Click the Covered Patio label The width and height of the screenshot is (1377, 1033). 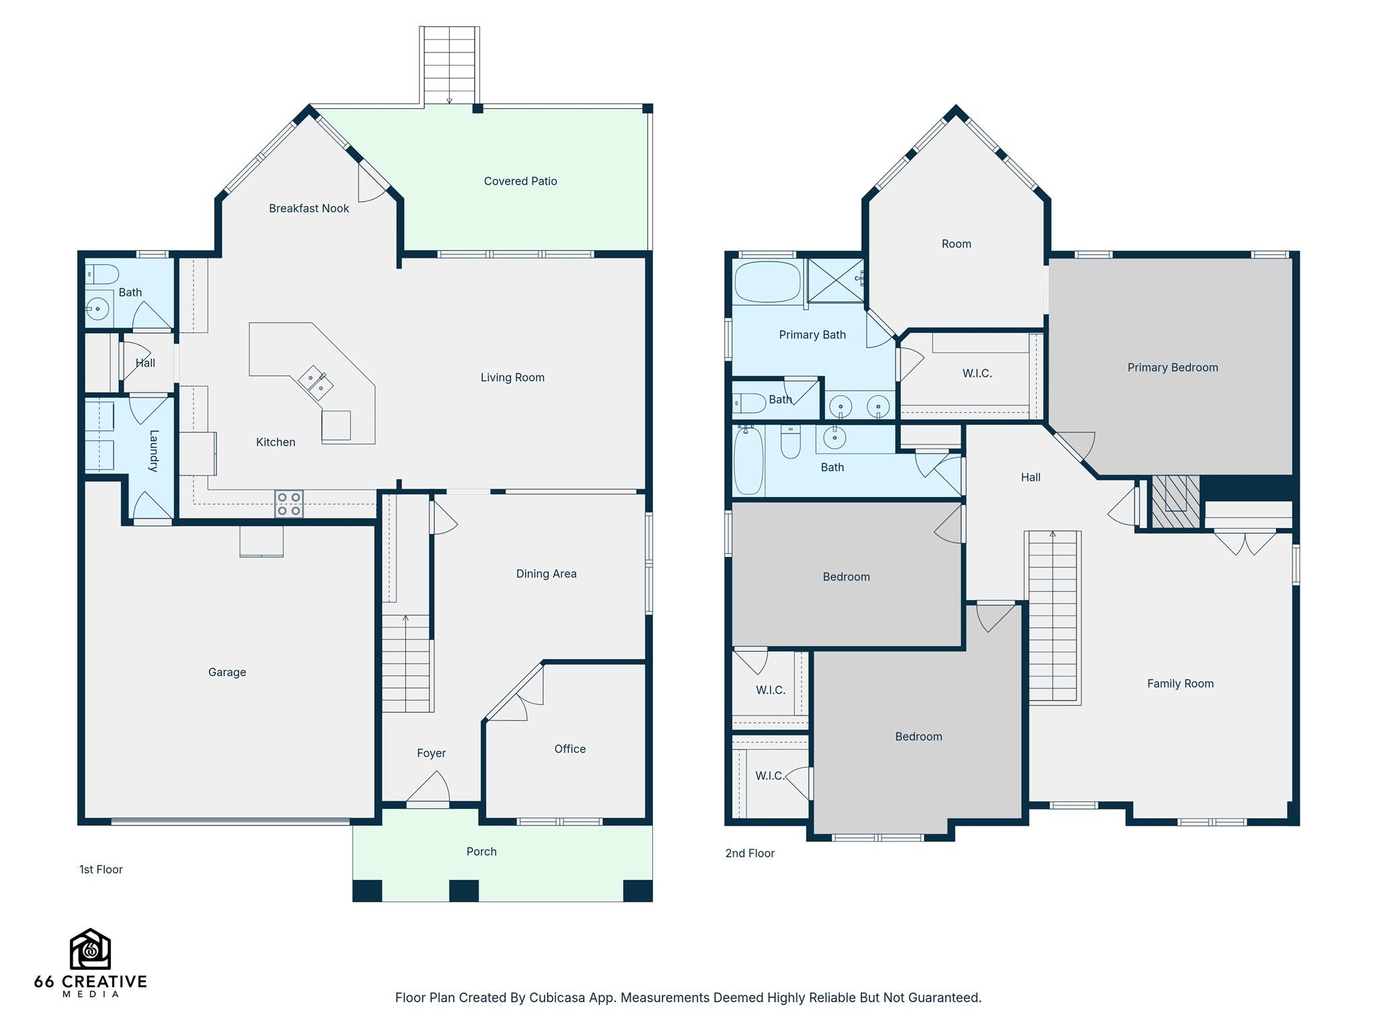click(520, 181)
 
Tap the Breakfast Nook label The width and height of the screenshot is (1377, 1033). click(309, 208)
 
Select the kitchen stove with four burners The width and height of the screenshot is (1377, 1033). click(289, 504)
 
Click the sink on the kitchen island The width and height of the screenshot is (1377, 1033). click(316, 383)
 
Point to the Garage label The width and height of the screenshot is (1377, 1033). click(227, 672)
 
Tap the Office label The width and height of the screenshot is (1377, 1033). click(570, 749)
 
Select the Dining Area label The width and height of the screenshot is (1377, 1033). click(546, 574)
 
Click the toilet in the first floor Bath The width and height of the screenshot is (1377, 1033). click(102, 274)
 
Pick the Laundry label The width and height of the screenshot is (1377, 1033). click(154, 451)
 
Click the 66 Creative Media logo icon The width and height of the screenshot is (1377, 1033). click(90, 949)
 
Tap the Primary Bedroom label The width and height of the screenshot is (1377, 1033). click(1173, 367)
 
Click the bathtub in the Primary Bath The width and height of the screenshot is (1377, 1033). click(768, 282)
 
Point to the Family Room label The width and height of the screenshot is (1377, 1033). click(1180, 683)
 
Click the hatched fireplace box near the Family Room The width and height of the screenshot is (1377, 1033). click(1175, 501)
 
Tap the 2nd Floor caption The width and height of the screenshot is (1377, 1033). click(750, 853)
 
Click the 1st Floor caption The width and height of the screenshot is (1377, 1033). click(101, 870)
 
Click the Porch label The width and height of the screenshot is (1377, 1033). click(481, 851)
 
